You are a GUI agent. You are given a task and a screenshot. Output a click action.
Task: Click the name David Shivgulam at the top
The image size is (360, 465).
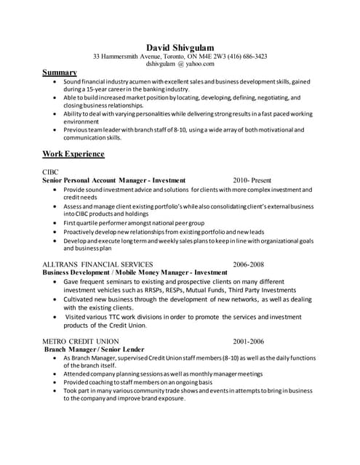click(180, 47)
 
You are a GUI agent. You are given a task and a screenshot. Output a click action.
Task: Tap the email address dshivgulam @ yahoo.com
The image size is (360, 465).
click(180, 64)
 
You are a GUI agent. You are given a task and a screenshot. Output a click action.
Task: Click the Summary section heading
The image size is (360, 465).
click(60, 73)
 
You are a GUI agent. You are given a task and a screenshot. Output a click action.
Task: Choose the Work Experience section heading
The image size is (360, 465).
click(73, 154)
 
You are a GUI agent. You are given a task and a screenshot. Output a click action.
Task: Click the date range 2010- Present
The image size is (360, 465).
click(252, 180)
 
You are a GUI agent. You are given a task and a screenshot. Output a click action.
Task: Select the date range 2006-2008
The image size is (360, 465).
click(248, 264)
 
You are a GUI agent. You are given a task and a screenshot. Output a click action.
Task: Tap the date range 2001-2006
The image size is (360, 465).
click(248, 341)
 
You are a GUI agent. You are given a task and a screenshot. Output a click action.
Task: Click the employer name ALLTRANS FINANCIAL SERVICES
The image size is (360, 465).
click(97, 264)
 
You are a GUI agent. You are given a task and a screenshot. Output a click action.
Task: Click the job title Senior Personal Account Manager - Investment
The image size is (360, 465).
click(114, 180)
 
